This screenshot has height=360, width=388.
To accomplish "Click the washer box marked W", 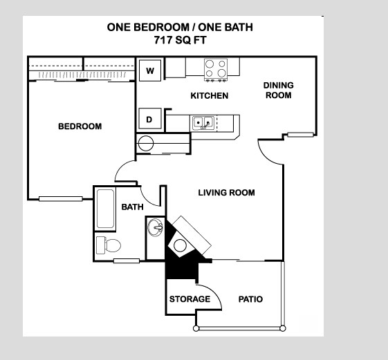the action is click(x=150, y=70).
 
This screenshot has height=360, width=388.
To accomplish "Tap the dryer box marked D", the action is click(x=150, y=119).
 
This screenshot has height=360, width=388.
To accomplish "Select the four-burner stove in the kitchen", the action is click(x=216, y=70).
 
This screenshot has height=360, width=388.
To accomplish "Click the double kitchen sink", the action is click(x=203, y=122).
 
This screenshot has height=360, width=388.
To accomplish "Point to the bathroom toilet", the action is click(x=108, y=245).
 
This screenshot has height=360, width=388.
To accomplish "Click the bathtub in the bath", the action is click(x=105, y=209).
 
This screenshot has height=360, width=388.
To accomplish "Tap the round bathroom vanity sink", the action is click(x=155, y=227).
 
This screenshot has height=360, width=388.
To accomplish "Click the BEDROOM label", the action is click(x=80, y=126).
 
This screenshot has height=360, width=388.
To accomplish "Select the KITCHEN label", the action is click(x=210, y=95).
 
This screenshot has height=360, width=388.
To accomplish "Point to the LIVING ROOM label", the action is click(x=226, y=193).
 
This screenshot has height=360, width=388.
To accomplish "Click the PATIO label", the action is click(x=250, y=299).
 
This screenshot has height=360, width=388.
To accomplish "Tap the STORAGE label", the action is click(x=190, y=299).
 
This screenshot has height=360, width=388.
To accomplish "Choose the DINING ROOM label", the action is click(x=279, y=91).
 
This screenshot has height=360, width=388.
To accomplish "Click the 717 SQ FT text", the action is click(x=180, y=40).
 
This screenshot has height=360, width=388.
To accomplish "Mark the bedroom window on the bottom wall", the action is click(x=61, y=199).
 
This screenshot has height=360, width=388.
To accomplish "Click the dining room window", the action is click(x=300, y=135).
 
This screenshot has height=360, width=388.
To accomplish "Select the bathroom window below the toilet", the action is click(x=127, y=261).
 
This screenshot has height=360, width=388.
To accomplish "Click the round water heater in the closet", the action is click(x=146, y=144).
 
